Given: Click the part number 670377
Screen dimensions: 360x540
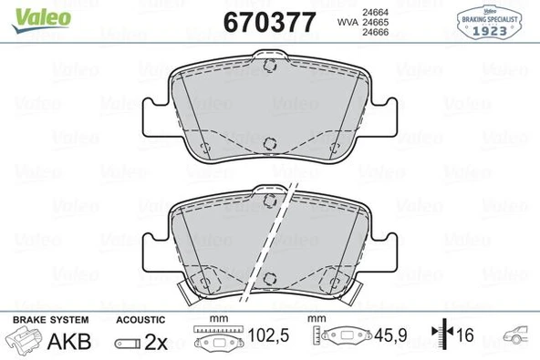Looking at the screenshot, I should (270, 21).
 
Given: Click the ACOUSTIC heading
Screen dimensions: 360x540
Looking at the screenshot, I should (140, 319).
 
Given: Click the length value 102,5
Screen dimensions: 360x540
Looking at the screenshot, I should (269, 336).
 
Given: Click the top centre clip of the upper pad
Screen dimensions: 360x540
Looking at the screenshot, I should (270, 67).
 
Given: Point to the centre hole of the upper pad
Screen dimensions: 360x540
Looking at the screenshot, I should (270, 141).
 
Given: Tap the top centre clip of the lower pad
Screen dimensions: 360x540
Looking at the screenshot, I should (270, 199).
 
